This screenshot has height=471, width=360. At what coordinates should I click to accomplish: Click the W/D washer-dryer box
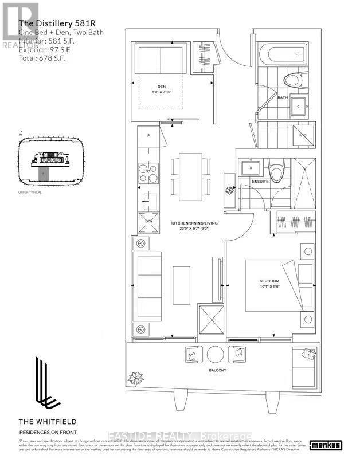tap(302, 136)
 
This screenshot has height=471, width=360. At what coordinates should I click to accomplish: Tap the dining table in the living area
tap(190, 176)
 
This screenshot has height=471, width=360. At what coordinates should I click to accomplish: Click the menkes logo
tap(324, 445)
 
